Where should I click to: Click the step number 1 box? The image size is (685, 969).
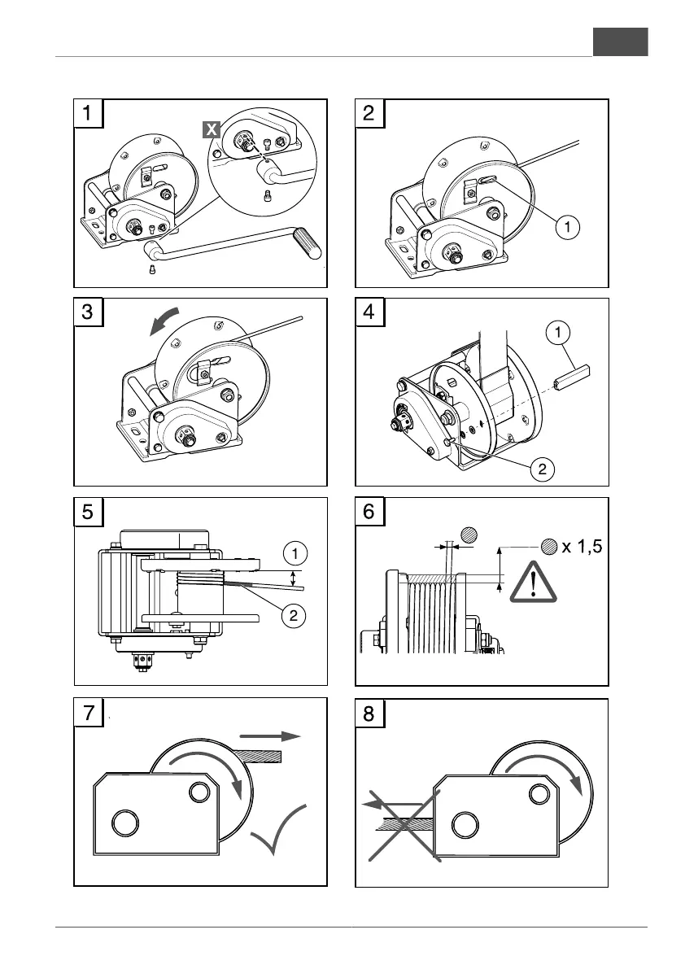88,112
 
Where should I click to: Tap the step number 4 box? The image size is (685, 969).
369,312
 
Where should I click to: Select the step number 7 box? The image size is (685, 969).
88,712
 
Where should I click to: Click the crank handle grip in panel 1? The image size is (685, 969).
307,243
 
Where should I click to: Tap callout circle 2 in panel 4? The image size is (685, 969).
543,469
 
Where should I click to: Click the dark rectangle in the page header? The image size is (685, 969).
620,41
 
